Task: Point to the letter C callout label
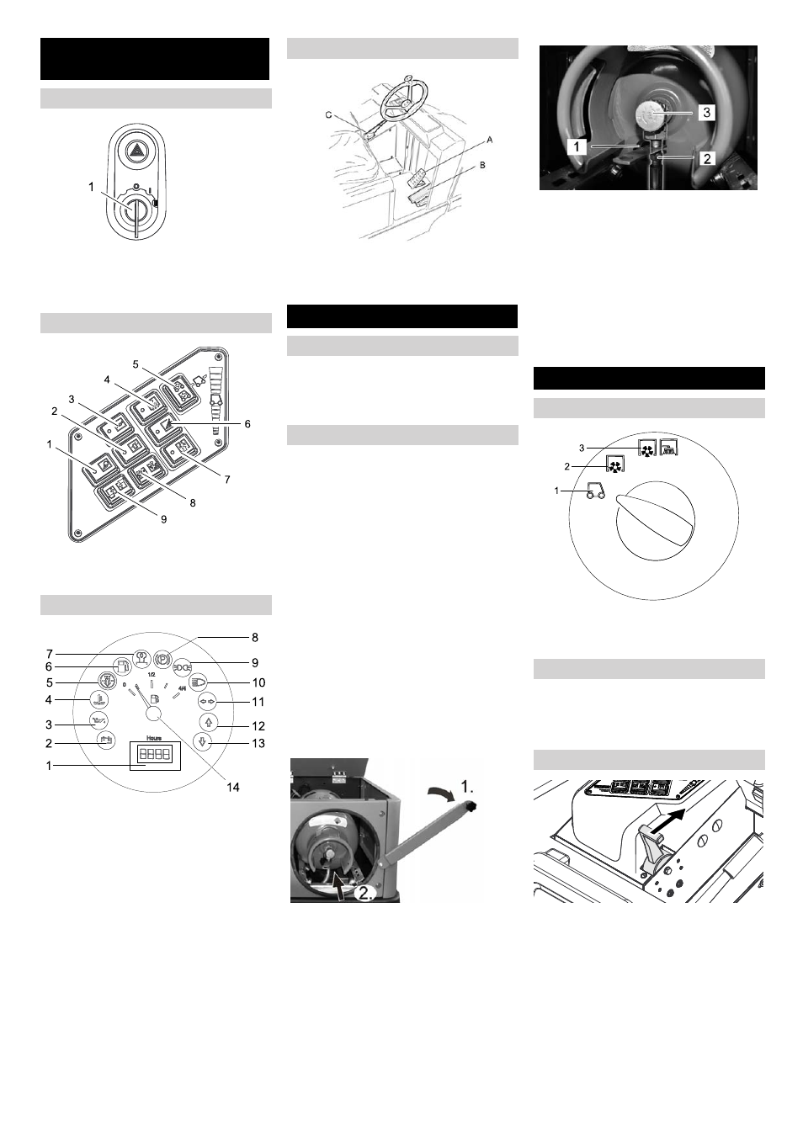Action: pyautogui.click(x=329, y=114)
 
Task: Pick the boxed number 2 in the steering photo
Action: pyautogui.click(x=706, y=157)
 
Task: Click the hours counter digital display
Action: pyautogui.click(x=155, y=755)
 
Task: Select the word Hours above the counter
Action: pyautogui.click(x=154, y=738)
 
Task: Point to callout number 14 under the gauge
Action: pyautogui.click(x=233, y=787)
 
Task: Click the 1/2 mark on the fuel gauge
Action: pyautogui.click(x=152, y=675)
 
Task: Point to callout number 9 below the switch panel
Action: pyautogui.click(x=163, y=519)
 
